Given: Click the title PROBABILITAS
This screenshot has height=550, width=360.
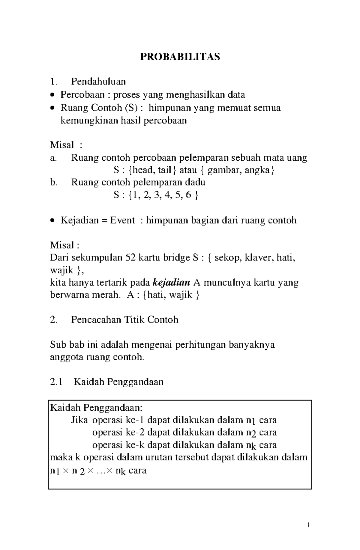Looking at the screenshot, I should point(180,56).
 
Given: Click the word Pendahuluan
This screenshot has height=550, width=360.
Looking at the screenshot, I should point(98,81).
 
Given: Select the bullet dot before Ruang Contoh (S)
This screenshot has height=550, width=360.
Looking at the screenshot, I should point(52,108).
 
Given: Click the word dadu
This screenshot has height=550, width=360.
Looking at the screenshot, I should point(195,182).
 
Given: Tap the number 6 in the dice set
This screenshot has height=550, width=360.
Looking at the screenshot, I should point(188,195).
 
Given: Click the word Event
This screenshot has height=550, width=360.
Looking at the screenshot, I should point(122,220).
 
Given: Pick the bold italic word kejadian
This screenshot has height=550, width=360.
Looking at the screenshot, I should point(171,282).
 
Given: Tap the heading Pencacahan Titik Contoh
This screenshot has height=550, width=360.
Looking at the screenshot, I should point(124,320).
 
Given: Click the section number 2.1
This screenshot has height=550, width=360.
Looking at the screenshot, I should point(56,382).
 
